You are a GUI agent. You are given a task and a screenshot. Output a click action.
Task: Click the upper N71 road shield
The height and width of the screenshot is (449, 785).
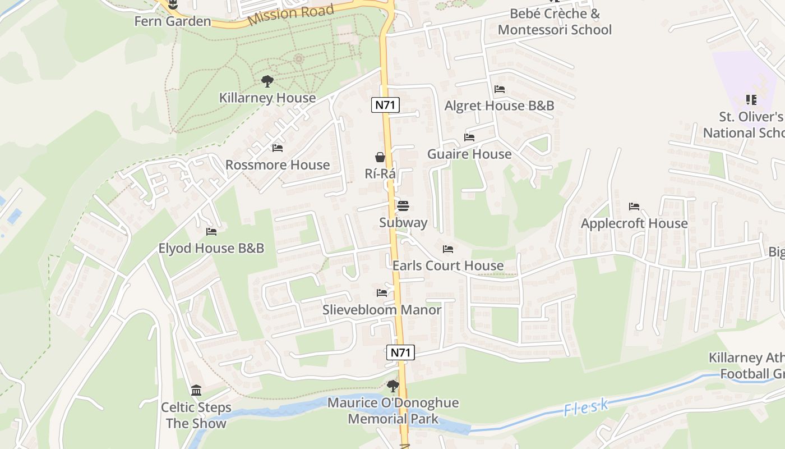point(385,105)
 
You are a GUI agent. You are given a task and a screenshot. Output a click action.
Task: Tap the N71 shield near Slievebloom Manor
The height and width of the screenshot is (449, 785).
point(400,352)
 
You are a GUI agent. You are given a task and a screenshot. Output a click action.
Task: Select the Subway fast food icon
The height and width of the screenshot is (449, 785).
point(403,206)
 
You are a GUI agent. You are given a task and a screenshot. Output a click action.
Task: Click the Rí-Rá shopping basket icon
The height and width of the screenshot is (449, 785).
point(380,157)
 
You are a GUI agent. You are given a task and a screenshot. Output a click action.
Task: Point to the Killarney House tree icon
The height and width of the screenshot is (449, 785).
point(267,81)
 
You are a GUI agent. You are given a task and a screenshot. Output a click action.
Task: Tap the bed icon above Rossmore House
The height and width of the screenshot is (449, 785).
point(277,148)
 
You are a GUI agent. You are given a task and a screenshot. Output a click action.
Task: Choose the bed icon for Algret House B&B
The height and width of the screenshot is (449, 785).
point(499,89)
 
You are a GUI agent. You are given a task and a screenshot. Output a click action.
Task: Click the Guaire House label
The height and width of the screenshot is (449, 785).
point(469,154)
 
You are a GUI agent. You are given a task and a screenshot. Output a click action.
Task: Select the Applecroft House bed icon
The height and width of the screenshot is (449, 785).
point(634,207)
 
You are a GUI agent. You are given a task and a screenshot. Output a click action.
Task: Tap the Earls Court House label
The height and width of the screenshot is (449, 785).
point(448,265)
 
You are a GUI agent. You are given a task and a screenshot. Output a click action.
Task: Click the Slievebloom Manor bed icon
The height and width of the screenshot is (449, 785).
point(382,293)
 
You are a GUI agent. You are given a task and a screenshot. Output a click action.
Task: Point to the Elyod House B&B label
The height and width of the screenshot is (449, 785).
point(211,248)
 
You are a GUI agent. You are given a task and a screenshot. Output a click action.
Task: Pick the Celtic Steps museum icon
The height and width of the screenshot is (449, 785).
point(196,390)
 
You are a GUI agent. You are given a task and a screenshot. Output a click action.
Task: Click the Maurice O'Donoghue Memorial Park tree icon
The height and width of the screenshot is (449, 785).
point(393,386)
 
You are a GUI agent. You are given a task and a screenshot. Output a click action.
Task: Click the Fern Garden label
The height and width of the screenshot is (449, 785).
point(173,21)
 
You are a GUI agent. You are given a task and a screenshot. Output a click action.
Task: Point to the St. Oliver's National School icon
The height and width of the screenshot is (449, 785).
point(751,100)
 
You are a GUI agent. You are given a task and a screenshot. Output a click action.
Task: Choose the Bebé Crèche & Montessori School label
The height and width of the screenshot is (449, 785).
point(554,22)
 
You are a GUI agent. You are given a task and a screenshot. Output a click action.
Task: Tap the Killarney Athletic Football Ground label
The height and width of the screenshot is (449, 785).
point(746,366)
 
